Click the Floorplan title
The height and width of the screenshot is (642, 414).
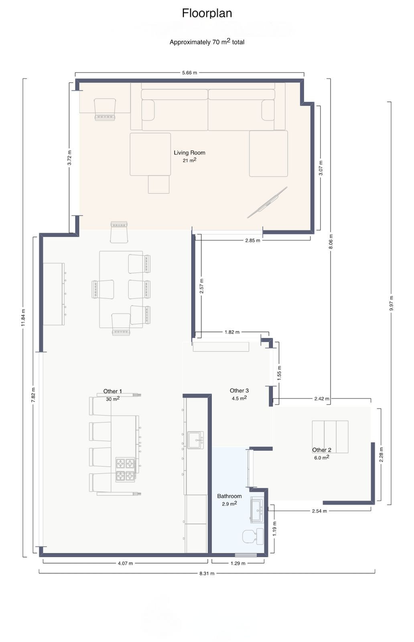point(207,13)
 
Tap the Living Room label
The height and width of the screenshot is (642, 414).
point(189,152)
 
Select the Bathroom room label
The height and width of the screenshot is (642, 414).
point(229,496)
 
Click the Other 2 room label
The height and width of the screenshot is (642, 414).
point(321,450)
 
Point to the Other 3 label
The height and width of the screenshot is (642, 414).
point(239,390)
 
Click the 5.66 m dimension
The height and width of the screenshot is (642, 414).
point(189,73)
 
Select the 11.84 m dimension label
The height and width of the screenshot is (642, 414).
point(23,317)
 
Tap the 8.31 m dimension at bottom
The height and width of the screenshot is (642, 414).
point(207,573)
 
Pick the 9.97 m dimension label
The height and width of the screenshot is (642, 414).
point(391,303)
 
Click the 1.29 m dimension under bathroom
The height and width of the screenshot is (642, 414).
point(238,563)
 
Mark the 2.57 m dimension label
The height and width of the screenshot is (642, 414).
point(202,286)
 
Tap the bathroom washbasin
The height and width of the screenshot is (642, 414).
point(257,510)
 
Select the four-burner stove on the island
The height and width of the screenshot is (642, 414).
point(125,469)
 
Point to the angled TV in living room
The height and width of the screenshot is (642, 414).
point(267,203)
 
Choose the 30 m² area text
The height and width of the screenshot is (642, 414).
point(113,399)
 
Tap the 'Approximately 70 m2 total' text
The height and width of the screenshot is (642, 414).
point(207,42)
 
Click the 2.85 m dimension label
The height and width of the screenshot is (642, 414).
point(252,240)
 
